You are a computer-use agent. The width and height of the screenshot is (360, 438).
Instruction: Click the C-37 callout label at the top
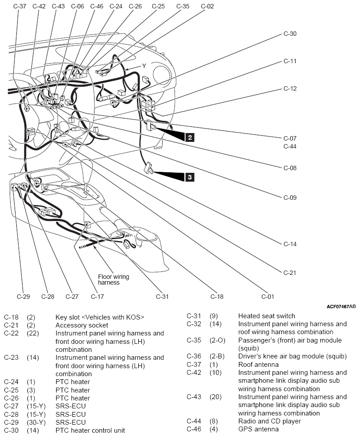click(x=19, y=6)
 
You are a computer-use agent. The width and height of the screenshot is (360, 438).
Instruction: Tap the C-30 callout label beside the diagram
click(x=290, y=34)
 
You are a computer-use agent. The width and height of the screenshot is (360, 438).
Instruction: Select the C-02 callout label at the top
click(x=207, y=6)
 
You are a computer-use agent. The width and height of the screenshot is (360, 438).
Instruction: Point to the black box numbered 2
click(x=190, y=137)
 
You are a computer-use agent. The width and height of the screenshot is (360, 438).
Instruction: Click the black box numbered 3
click(x=190, y=177)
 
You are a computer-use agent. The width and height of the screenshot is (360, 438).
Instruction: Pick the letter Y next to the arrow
click(x=144, y=66)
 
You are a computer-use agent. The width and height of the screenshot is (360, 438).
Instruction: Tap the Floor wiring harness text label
click(x=114, y=280)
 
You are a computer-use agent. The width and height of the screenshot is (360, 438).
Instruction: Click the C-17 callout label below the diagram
click(x=97, y=297)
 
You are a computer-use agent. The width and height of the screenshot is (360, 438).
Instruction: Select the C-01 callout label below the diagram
click(x=268, y=297)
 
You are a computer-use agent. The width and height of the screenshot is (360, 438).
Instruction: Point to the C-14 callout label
click(x=290, y=244)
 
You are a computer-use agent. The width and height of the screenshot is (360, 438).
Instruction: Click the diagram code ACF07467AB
click(x=341, y=307)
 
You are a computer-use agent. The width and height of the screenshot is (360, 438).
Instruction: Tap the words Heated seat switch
click(x=266, y=316)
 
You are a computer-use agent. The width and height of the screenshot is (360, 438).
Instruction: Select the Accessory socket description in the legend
click(x=82, y=325)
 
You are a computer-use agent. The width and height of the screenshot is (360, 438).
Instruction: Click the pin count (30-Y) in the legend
click(x=36, y=423)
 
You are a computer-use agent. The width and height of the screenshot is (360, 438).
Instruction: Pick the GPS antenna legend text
click(x=258, y=429)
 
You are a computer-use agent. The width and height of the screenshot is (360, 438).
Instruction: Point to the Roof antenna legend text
click(x=258, y=365)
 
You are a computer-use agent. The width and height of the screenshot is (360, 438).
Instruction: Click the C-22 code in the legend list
click(x=11, y=333)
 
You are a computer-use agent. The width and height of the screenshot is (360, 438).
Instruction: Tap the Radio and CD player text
click(x=269, y=421)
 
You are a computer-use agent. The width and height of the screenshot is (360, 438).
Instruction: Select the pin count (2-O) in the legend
click(x=217, y=340)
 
